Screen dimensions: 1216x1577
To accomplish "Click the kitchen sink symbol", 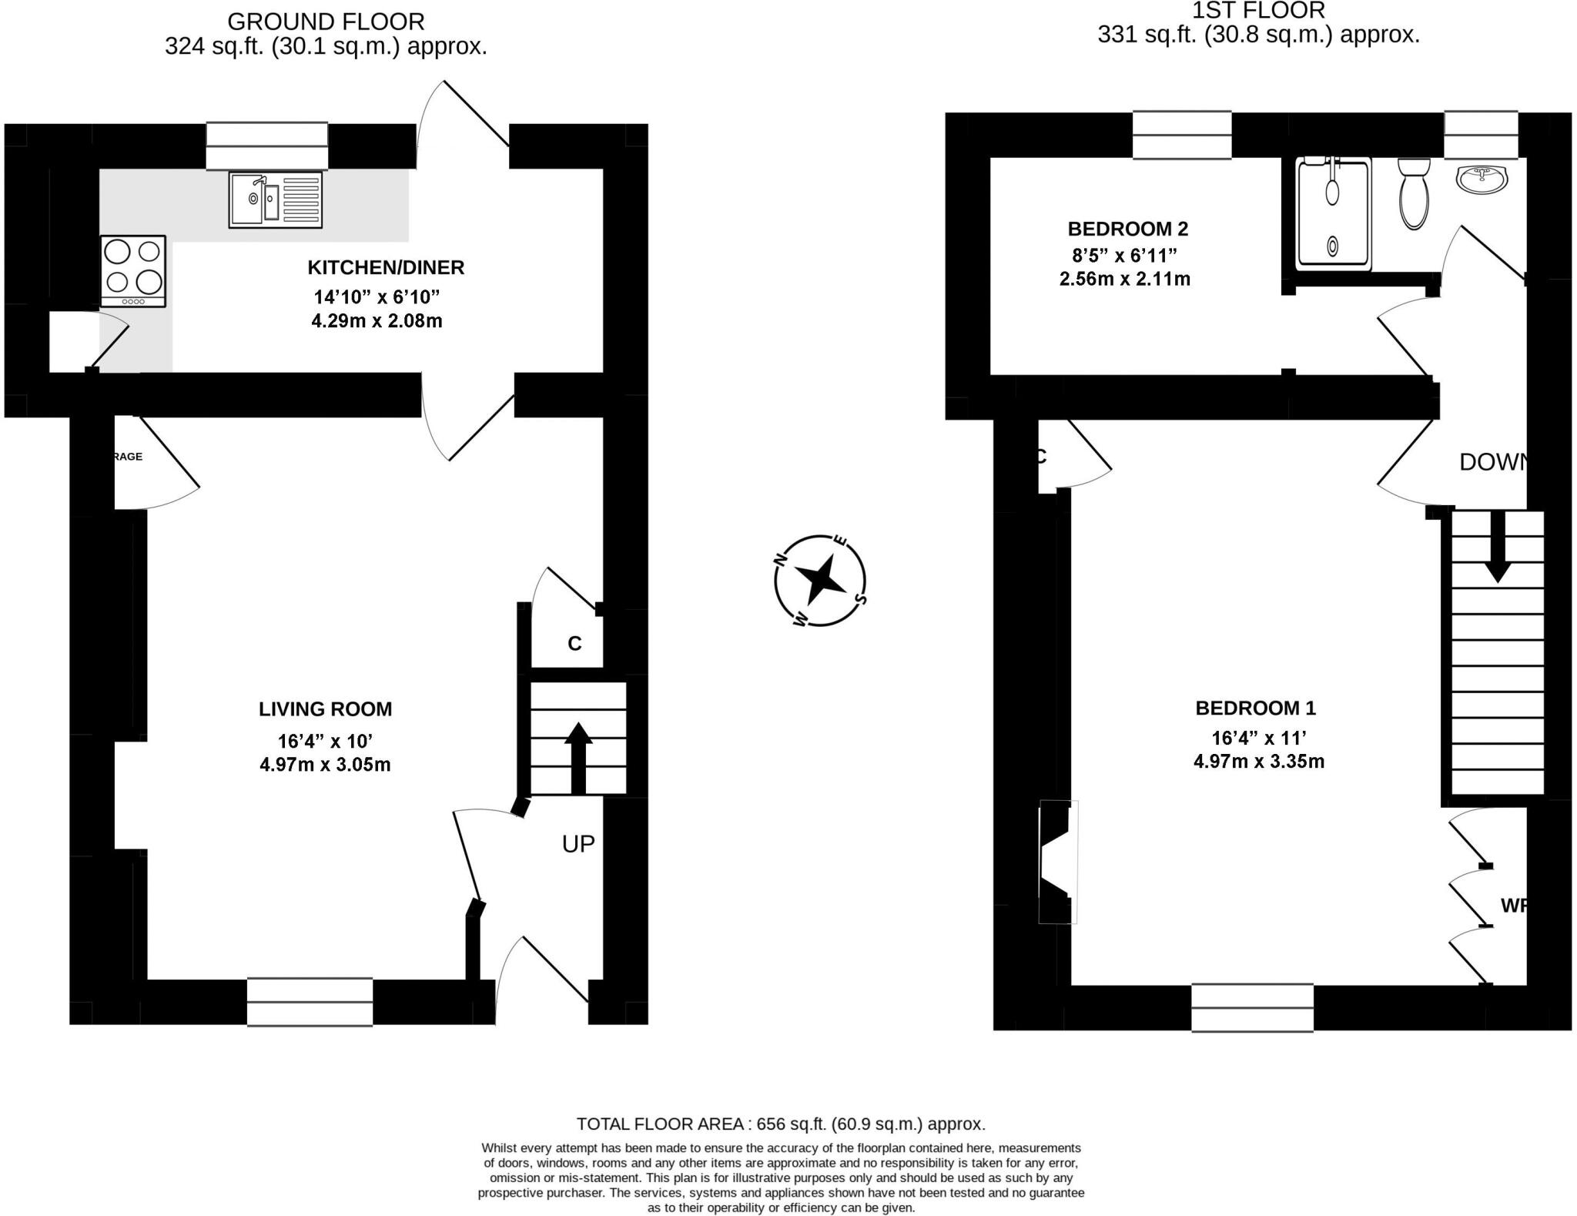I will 275,200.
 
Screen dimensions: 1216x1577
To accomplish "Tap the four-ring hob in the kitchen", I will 133,271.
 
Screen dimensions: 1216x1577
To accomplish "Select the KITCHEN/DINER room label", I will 386,268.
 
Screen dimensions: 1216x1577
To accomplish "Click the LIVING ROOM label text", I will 325,709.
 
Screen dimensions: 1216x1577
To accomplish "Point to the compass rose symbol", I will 820,580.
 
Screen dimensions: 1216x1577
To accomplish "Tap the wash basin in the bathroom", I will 1482,179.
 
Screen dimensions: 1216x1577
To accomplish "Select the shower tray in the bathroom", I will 1334,214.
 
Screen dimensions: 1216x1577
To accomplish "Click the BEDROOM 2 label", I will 1127,229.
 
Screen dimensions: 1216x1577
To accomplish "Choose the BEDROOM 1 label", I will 1255,708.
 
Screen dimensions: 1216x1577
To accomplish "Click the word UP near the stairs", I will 578,844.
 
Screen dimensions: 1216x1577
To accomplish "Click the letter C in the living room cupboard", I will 574,644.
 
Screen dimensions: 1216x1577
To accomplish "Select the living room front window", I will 310,1002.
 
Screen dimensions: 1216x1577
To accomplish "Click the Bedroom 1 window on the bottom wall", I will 1252,1007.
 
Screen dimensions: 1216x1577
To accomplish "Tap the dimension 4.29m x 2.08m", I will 377,321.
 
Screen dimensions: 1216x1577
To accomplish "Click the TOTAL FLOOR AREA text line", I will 781,1124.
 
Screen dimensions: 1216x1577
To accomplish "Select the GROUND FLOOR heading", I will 326,22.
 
